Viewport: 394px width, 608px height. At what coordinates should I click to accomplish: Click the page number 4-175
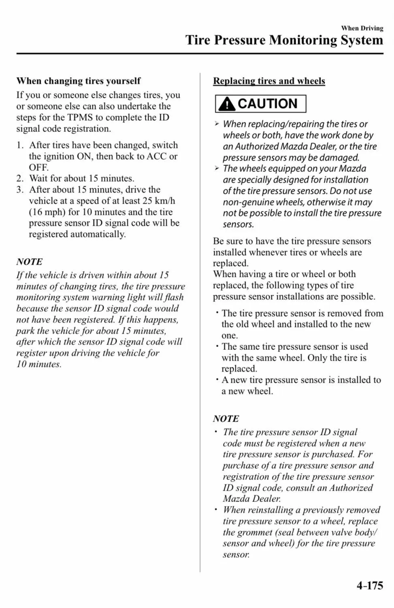pos(370,586)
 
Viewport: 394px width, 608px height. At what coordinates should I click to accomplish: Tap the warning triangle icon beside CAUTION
pos(227,104)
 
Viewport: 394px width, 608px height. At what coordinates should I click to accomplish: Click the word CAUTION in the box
pos(267,104)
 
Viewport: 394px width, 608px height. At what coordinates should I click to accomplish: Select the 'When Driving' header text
pos(362,28)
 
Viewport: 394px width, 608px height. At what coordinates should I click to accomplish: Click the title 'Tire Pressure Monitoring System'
pos(284,40)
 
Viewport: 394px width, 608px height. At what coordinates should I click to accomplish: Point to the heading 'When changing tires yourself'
pos(78,81)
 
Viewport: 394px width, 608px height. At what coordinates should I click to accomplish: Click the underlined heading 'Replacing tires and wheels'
pos(269,81)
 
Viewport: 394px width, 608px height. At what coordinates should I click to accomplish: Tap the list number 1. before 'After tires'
pos(20,145)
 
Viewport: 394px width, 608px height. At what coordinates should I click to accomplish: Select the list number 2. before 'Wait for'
pos(20,178)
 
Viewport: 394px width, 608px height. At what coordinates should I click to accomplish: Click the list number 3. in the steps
pos(20,190)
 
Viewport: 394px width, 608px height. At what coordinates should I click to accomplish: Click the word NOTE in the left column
pos(29,262)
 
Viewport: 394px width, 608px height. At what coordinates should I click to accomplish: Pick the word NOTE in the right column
pos(226,419)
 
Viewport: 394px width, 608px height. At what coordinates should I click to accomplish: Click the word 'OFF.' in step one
pos(38,167)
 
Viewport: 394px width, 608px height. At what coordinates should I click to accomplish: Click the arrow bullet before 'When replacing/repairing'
pos(217,124)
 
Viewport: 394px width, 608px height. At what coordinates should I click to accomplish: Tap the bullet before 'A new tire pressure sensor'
pos(217,380)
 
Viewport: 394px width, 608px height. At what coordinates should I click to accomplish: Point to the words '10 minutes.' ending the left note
pos(39,364)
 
